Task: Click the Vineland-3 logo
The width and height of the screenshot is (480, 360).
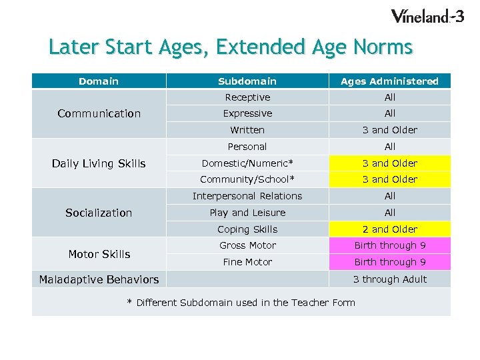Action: (427, 16)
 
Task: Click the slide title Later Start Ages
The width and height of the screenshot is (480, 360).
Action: (231, 47)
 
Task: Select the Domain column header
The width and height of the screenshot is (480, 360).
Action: (99, 81)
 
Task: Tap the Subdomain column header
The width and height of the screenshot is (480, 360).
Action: (247, 81)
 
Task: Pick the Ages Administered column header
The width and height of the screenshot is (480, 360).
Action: (389, 81)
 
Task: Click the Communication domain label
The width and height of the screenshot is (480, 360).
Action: (99, 113)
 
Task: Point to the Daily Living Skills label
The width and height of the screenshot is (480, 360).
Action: (99, 163)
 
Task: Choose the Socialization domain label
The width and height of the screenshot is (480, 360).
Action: (99, 213)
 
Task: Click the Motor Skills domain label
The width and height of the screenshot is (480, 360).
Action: (99, 254)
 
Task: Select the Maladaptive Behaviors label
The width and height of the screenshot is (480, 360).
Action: (99, 279)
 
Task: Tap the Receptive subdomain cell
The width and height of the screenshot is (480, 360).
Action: (247, 97)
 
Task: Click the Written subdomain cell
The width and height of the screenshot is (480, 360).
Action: (247, 130)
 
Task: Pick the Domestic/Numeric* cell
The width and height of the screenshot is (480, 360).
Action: (247, 163)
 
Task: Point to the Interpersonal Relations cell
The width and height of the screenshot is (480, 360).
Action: (247, 196)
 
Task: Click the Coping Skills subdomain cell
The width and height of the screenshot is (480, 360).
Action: (247, 229)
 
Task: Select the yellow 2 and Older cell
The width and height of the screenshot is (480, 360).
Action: (389, 229)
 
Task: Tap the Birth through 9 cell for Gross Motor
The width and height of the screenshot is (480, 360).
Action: (389, 245)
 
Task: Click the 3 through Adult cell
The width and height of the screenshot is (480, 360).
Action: (389, 279)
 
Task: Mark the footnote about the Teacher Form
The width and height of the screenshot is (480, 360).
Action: (241, 303)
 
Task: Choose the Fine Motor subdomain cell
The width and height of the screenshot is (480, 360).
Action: (247, 262)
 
